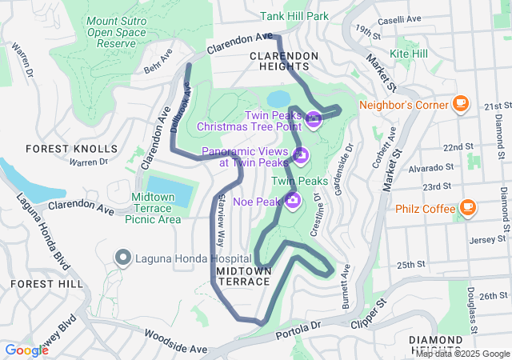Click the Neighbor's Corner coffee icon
[460, 103]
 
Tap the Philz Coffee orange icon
[467, 210]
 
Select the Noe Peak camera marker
[293, 200]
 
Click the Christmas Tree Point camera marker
[313, 121]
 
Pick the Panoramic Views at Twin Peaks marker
[301, 154]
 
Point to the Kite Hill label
[409, 54]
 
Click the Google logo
[26, 350]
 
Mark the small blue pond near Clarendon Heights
[278, 98]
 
